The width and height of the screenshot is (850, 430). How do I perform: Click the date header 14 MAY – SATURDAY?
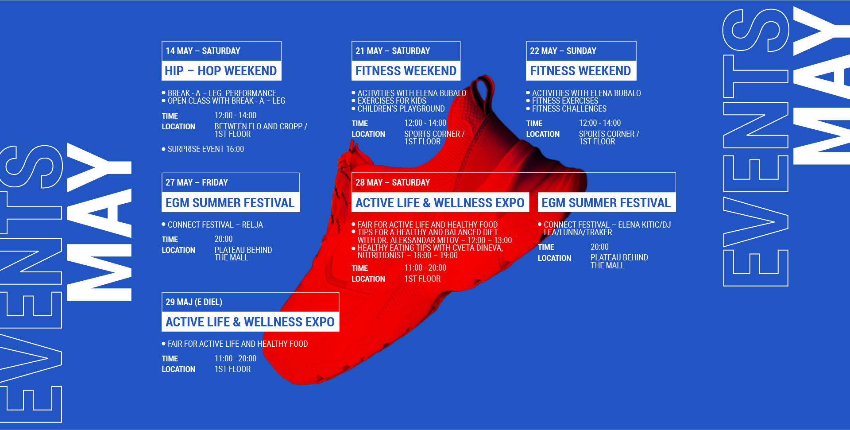(x=203, y=51)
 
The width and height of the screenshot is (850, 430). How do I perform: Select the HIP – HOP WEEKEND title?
(x=220, y=71)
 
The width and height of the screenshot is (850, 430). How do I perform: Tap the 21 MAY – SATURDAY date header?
(x=393, y=51)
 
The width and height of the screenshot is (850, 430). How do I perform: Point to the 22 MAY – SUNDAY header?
(x=563, y=51)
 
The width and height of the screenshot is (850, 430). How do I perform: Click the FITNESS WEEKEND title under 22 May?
(x=580, y=71)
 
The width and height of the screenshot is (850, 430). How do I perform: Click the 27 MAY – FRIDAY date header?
(x=197, y=182)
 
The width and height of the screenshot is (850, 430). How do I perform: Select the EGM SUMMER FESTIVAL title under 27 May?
(x=230, y=203)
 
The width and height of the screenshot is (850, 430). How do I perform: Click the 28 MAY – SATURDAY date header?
(x=393, y=182)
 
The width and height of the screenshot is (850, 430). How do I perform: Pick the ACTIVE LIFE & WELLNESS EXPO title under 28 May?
(x=440, y=203)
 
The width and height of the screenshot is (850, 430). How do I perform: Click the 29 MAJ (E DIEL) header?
(x=194, y=302)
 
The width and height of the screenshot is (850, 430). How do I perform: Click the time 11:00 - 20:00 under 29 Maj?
(x=236, y=358)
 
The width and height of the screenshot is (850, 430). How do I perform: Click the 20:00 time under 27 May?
(x=224, y=239)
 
